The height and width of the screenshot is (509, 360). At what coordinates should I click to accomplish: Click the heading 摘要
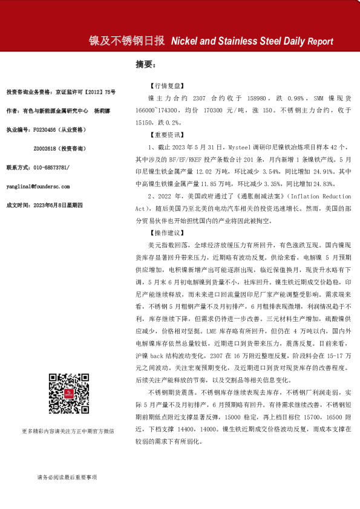[x=146, y=64]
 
